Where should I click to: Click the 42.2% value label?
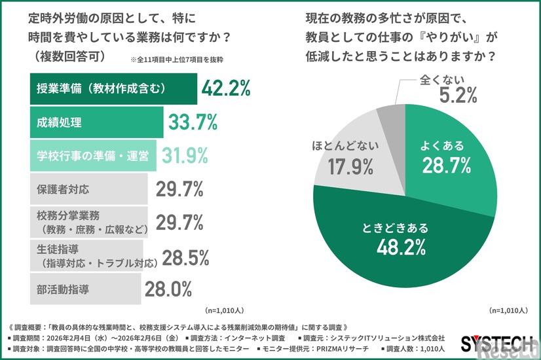coord(227,89)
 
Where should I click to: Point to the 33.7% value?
coord(193,122)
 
